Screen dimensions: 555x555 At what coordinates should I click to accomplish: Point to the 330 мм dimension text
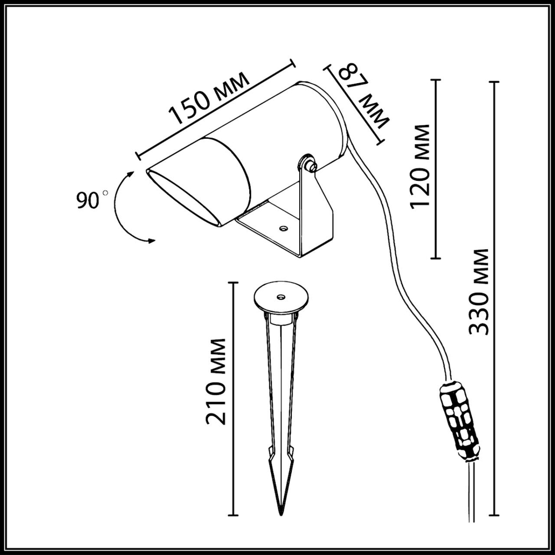click(478, 291)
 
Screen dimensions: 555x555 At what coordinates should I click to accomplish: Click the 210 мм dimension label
click(216, 381)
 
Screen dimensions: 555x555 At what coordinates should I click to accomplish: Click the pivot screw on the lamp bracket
click(307, 165)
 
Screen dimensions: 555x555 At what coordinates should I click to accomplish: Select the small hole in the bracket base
click(284, 228)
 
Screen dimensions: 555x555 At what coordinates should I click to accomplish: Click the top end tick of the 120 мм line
click(435, 80)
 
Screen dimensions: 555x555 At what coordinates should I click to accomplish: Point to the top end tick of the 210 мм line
click(233, 282)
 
